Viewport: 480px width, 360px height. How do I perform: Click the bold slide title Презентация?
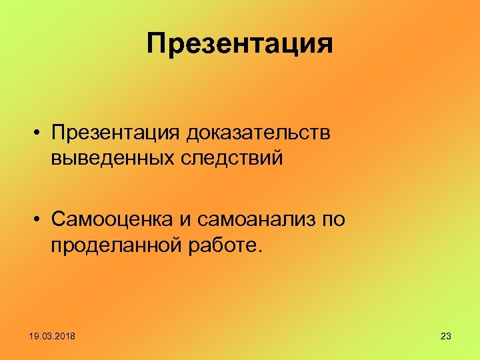coord(240,44)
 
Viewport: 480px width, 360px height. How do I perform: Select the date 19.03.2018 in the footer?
coord(53,336)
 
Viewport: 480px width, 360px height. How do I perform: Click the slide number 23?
coord(446,336)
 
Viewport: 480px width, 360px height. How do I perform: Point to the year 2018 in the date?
coord(65,336)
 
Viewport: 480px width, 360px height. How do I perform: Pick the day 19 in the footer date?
coord(34,336)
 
